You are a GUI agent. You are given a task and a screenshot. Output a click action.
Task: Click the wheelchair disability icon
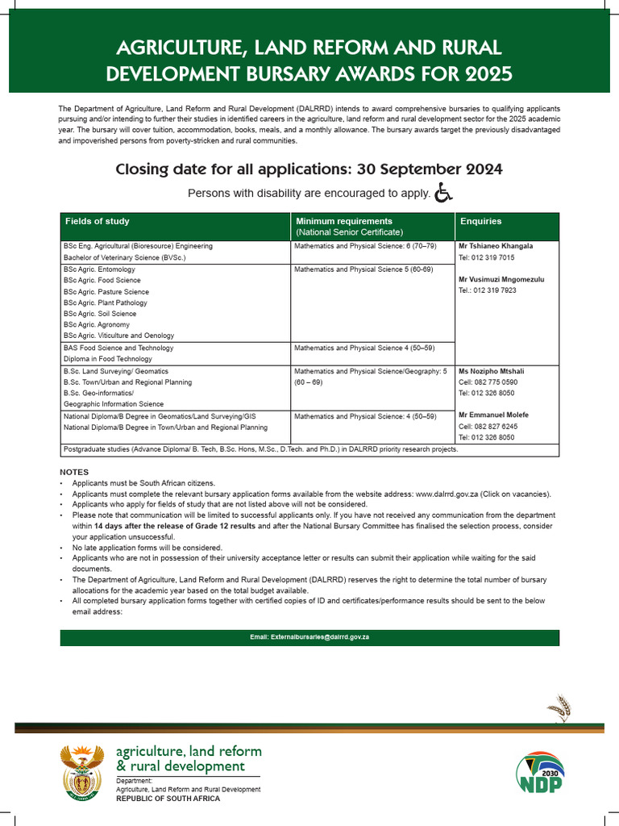pos(443,193)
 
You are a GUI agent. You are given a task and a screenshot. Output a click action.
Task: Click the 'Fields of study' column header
pos(97,221)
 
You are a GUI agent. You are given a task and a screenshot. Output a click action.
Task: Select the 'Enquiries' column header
pos(480,221)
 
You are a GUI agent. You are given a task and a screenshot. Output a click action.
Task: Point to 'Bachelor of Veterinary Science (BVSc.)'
pos(125,257)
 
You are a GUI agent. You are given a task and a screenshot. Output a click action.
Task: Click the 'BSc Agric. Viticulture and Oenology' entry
pos(118,336)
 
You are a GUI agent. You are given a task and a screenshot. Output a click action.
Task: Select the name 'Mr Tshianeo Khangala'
pos(496,246)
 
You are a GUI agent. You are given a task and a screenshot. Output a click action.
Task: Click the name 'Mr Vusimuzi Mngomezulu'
pos(501,279)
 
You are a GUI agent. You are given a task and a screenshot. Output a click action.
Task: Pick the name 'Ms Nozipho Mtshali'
pos(491,371)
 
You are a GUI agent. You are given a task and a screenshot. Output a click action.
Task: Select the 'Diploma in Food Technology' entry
pos(107,359)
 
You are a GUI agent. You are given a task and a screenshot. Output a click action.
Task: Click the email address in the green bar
pos(309,637)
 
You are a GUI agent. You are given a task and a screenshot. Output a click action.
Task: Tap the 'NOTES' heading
pos(74,472)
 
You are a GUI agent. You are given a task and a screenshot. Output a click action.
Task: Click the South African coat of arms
pos(83,771)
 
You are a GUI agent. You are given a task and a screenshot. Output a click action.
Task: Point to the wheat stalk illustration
pos(559,707)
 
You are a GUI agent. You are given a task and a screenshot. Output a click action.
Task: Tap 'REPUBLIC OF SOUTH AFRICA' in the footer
pos(168,799)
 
